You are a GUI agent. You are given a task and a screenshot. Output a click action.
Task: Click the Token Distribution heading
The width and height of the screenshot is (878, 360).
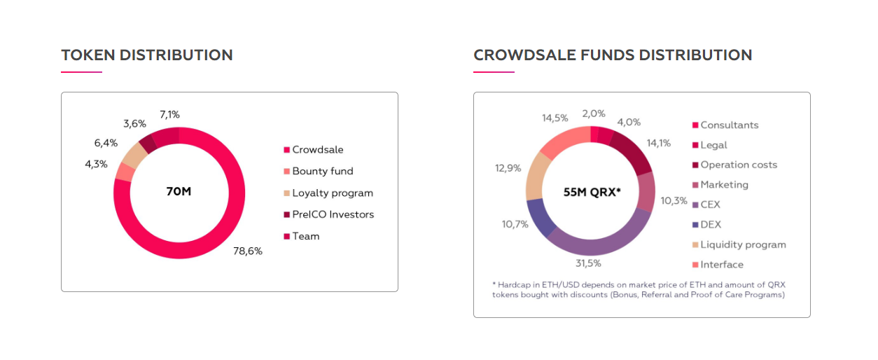[x=147, y=55]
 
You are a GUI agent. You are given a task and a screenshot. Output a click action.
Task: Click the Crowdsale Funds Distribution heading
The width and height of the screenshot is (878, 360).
[x=613, y=55]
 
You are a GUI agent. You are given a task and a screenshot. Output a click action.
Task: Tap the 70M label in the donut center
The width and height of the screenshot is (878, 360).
[x=179, y=191]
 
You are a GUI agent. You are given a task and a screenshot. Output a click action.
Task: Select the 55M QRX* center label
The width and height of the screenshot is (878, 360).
[x=592, y=191]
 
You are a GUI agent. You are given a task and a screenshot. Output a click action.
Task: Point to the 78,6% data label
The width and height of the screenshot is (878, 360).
[x=247, y=251]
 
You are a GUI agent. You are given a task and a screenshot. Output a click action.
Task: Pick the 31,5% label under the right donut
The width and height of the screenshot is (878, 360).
[x=589, y=263]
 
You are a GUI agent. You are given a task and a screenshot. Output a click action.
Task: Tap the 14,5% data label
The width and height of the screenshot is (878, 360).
[x=556, y=118]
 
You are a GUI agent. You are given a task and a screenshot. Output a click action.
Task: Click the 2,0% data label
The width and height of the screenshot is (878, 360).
[x=593, y=113]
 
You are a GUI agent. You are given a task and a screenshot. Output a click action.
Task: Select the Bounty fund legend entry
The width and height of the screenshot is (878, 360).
[x=322, y=171]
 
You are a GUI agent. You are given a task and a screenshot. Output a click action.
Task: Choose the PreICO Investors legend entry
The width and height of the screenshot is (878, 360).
[x=333, y=214]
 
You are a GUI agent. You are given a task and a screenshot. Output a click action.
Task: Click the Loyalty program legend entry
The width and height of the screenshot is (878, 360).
[x=332, y=193]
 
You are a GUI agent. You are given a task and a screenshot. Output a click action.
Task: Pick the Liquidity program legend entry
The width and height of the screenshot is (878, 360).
[x=742, y=244]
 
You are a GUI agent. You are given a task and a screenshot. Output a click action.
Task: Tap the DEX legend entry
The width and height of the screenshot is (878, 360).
[x=710, y=225]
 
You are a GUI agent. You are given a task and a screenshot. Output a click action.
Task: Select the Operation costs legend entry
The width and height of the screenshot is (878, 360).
[x=738, y=165]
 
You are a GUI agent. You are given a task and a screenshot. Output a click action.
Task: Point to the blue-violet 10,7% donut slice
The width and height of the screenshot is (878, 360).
[x=541, y=217]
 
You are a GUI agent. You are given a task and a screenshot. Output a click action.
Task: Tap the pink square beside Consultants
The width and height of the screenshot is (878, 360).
[x=695, y=125]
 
